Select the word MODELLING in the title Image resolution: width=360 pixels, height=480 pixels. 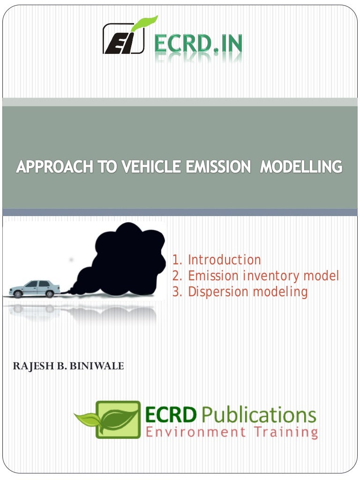point(301,167)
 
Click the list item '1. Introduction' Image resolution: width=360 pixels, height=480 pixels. point(217,260)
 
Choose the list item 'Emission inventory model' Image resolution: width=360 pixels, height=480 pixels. point(255,276)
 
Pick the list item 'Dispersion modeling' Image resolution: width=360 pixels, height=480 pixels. point(240,292)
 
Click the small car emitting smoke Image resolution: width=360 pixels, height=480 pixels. point(36,288)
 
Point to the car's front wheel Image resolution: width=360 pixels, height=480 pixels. point(19,294)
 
